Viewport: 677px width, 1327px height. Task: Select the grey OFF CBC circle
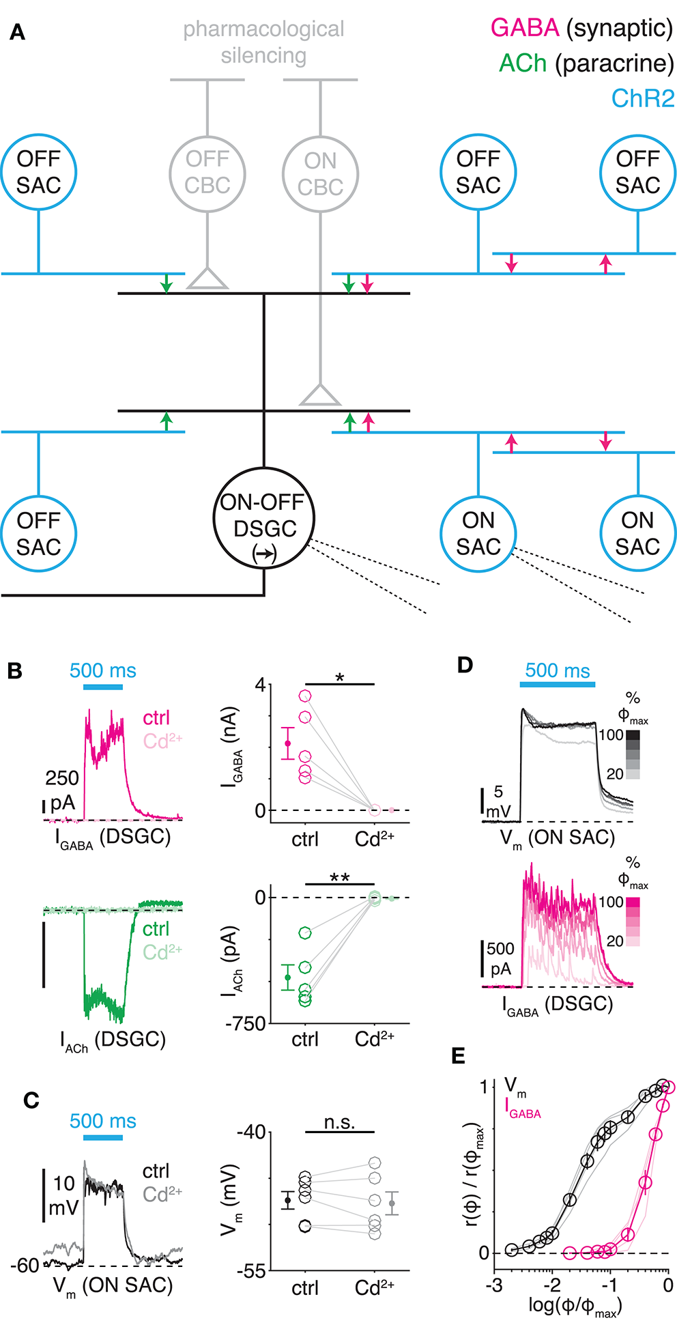click(207, 173)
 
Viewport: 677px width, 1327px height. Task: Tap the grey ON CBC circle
click(320, 174)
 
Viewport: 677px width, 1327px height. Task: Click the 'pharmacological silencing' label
click(263, 42)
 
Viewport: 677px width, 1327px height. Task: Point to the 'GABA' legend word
click(525, 28)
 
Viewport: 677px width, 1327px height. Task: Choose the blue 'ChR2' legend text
click(642, 99)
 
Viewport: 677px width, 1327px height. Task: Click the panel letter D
click(465, 665)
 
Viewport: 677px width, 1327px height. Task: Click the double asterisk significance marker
click(340, 877)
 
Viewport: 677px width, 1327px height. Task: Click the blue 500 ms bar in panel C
click(103, 1137)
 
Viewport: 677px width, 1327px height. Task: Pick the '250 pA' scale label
click(61, 790)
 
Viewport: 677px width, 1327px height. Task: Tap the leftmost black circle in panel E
click(511, 1250)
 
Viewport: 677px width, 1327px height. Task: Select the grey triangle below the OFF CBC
click(207, 278)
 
